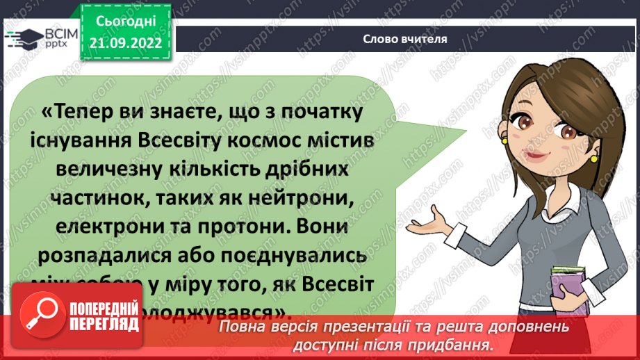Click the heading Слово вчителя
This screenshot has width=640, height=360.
point(404,39)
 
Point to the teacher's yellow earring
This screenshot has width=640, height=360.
point(593,158)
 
